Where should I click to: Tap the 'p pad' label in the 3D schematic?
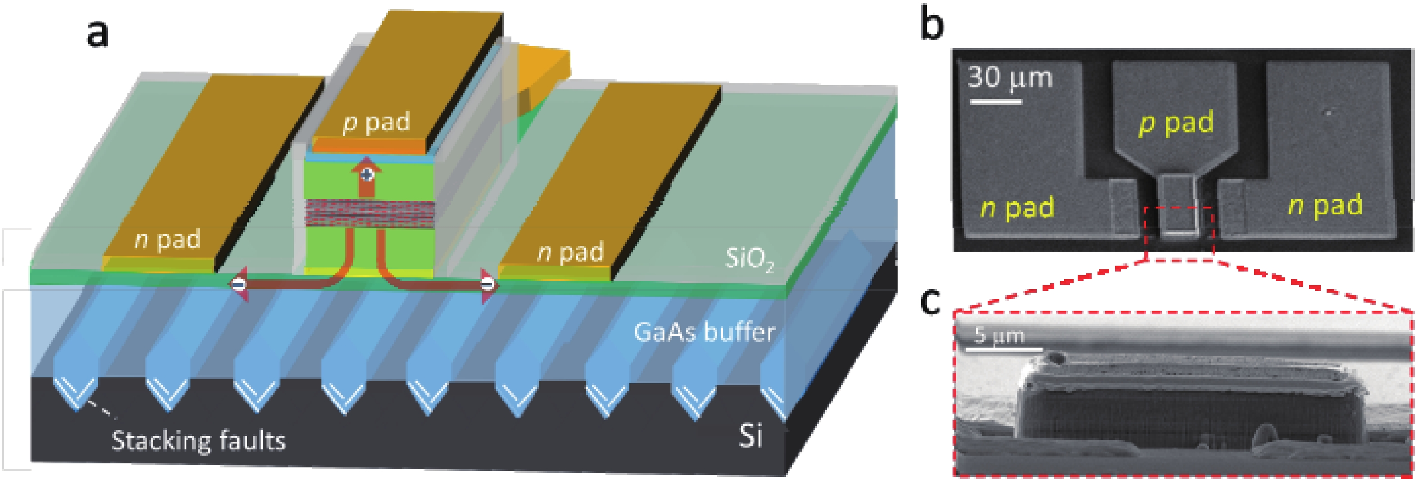click(376, 122)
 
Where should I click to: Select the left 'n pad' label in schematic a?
click(167, 240)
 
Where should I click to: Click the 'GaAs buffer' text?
click(704, 332)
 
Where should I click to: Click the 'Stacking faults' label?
click(199, 441)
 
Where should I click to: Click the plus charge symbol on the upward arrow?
click(366, 175)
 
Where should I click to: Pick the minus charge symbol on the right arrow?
click(487, 284)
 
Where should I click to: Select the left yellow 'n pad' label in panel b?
click(1017, 208)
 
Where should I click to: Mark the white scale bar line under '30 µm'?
click(995, 102)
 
